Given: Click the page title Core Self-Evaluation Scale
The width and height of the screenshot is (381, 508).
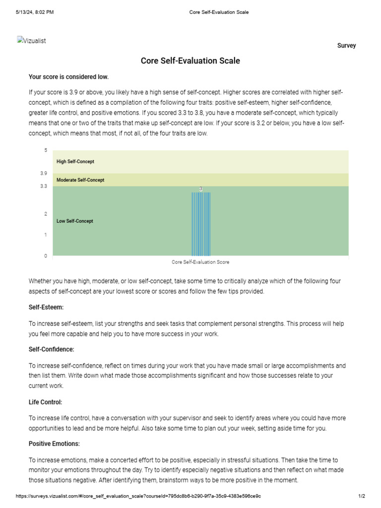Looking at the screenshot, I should point(190,61).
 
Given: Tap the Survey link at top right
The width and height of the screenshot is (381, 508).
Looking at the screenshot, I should point(346,46).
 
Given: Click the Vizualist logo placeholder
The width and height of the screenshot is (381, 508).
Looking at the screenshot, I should point(31,41).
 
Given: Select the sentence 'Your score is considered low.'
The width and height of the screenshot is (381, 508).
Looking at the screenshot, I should point(68,77).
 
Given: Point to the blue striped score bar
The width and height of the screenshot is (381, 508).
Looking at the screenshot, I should point(201,223).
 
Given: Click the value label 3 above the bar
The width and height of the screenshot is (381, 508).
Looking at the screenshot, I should point(201,189).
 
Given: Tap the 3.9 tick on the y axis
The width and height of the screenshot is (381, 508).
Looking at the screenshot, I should point(44,174).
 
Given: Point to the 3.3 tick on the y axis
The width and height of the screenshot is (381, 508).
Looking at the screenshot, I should point(44,186).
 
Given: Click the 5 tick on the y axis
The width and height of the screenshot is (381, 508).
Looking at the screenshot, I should point(46,150).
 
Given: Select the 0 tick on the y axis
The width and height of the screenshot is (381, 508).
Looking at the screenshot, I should point(46,256).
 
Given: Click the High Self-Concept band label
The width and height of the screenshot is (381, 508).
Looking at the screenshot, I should point(75,162).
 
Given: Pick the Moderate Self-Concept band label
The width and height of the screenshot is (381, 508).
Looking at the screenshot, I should point(80,180).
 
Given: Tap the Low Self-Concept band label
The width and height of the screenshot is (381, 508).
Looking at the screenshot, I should point(75,221).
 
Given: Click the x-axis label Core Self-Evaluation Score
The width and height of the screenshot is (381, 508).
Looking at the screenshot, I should point(200,262).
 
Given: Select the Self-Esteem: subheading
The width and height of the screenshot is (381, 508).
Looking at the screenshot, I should point(46,308).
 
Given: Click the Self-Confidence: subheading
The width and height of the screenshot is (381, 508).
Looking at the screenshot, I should point(52,350).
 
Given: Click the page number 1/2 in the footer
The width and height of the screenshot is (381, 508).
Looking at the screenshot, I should point(362,496).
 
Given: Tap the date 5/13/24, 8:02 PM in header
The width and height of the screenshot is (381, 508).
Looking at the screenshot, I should point(35,12).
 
